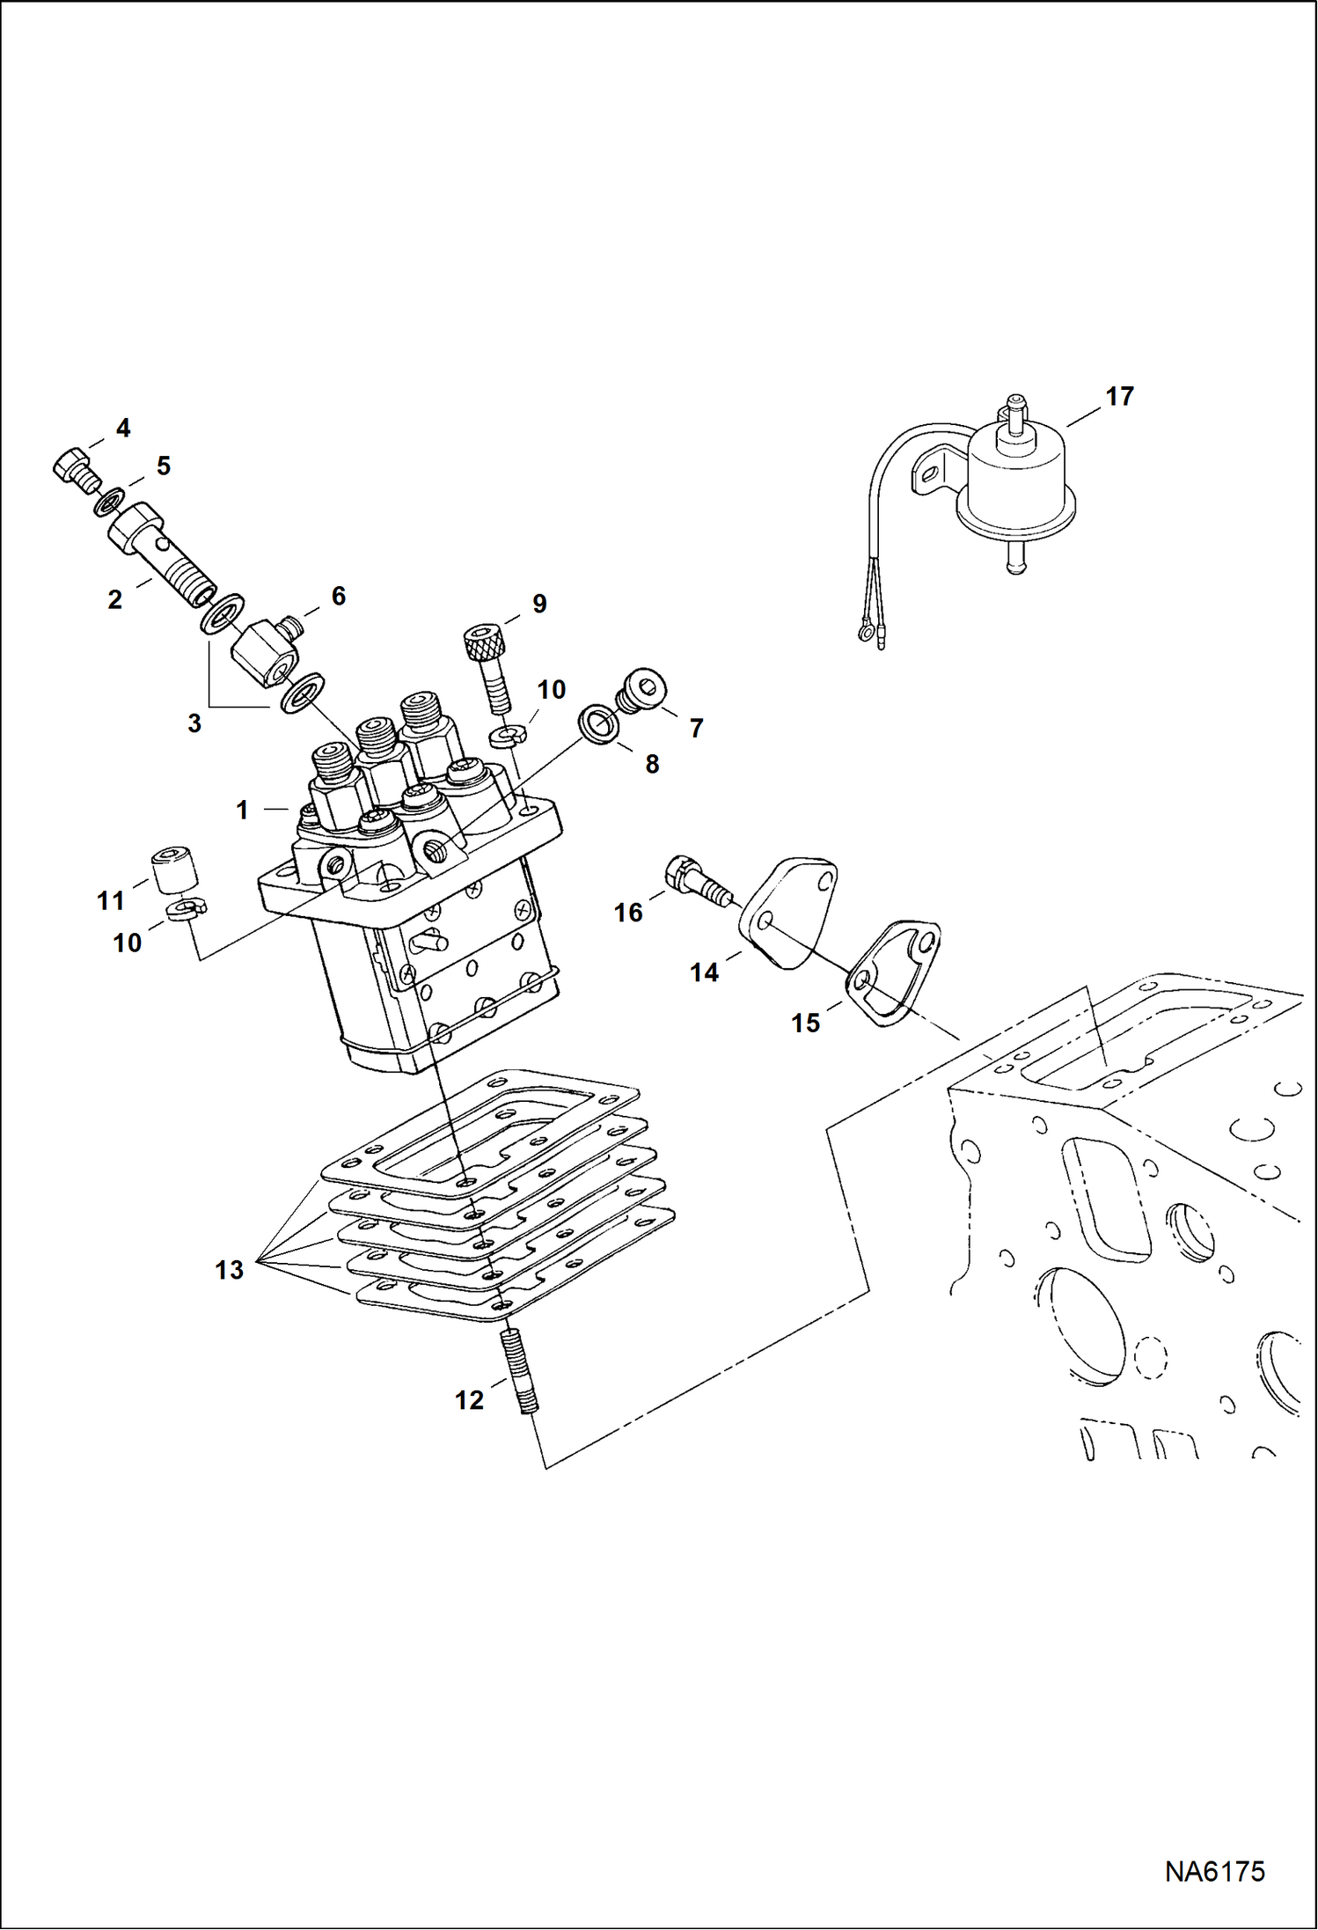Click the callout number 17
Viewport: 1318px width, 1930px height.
[x=1119, y=397]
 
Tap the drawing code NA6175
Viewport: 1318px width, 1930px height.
[x=1214, y=1871]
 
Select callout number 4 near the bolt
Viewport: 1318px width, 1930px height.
[x=123, y=429]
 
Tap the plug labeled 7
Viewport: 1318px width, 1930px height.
[x=644, y=687]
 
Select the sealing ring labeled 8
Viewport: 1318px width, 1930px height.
[x=598, y=723]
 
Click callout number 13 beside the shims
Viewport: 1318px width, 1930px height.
[x=229, y=1270]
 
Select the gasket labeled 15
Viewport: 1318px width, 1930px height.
[x=893, y=972]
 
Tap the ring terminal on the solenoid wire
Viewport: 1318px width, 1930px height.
[x=865, y=631]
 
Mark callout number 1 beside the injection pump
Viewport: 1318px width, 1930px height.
[x=242, y=811]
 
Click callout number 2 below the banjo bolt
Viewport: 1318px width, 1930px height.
[x=115, y=600]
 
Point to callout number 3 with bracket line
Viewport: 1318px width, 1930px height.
[x=194, y=723]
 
